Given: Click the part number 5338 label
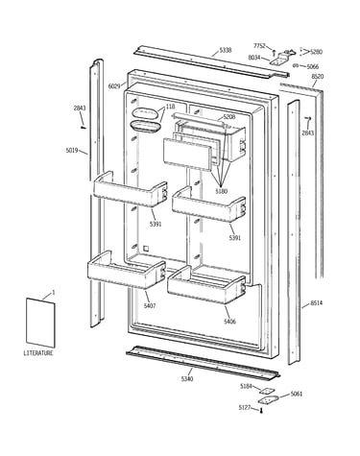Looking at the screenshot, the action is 226,50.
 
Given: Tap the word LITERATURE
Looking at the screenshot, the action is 38,353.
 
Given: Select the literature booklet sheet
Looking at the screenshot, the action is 40,323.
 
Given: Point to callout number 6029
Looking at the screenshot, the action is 114,86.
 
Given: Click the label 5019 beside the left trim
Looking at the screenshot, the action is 72,150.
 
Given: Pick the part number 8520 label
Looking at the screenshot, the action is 317,77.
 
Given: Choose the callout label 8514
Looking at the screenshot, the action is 317,302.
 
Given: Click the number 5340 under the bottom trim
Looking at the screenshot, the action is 187,379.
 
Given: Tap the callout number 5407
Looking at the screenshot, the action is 150,306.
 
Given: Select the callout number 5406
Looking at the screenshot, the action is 229,322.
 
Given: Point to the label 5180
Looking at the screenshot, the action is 221,191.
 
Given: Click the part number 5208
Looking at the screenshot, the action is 229,117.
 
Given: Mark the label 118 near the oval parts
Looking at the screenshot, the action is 171,107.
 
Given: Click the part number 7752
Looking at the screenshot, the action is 259,46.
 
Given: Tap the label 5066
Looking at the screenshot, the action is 313,66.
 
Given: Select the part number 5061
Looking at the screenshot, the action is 296,394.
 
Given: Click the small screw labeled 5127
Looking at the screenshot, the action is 261,411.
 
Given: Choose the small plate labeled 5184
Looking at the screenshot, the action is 267,391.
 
